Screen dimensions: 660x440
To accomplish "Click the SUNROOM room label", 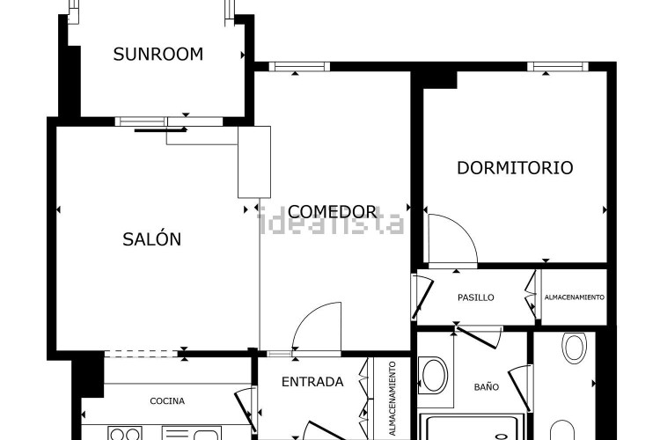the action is tap(158, 55).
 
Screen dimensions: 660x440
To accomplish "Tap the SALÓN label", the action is tap(152, 238).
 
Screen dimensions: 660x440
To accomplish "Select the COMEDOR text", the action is tap(332, 211).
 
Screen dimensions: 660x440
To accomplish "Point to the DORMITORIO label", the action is tap(515, 167).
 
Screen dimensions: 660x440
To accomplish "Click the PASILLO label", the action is tap(475, 297).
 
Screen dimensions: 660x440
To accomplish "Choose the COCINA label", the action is tap(167, 401).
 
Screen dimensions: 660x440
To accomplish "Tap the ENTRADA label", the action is tap(312, 382).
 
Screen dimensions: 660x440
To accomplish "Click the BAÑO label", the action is tap(486, 386).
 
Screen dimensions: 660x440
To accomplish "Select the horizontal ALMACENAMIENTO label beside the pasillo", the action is tap(574, 297).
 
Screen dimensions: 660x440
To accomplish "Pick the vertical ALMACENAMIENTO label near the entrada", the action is tap(392, 399).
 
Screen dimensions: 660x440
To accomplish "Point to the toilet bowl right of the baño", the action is tap(574, 348).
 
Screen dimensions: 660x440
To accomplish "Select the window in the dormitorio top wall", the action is tap(558, 66).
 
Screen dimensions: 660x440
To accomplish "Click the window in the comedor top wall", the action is tap(299, 66).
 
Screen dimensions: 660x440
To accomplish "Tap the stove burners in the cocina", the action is tap(125, 434).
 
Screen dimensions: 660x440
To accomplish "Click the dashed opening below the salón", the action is tap(141, 354).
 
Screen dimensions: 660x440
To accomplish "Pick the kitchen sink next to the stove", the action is tap(192, 434).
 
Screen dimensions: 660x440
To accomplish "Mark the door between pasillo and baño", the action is tap(479, 337).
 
